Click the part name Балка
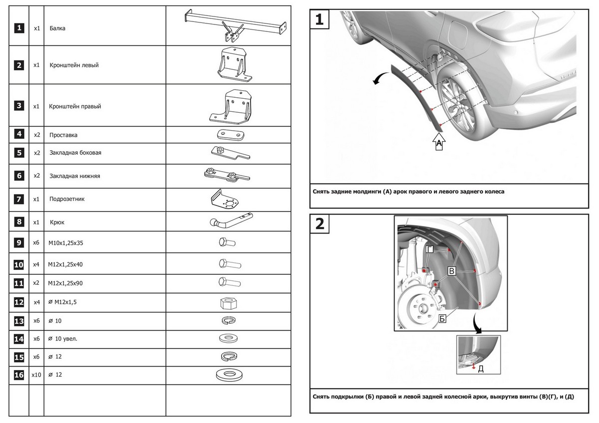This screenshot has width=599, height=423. click(x=57, y=28)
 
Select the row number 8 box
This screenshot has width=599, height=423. click(x=18, y=222)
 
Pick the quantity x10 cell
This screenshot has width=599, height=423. click(x=36, y=374)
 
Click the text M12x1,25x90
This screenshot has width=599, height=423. click(x=65, y=283)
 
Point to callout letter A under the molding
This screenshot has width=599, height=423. click(x=439, y=144)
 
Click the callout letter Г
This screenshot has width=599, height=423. click(x=430, y=249)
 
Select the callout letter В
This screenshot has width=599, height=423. click(x=452, y=271)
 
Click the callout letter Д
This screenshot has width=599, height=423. click(x=481, y=369)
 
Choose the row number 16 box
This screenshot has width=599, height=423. click(x=18, y=374)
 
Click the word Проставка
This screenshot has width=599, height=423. click(x=63, y=135)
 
